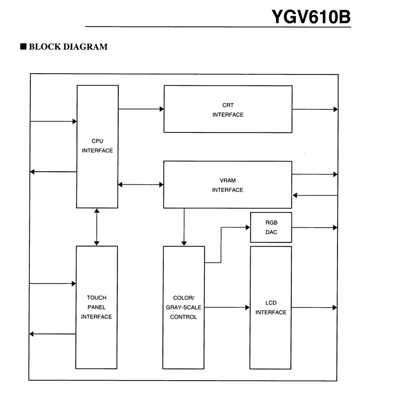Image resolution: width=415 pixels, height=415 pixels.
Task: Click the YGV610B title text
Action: point(311,17)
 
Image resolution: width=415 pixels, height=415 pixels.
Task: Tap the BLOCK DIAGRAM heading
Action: point(68,47)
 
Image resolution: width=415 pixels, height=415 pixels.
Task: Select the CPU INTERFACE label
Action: point(98,146)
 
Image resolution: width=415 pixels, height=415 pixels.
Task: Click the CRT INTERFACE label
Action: point(228,110)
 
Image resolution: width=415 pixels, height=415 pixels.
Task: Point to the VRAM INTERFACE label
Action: point(228,185)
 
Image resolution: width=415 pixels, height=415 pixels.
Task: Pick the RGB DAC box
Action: point(271,227)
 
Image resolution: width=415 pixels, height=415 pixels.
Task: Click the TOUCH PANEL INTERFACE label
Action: point(96,307)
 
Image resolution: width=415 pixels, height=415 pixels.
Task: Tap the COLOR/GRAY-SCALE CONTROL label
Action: point(183,307)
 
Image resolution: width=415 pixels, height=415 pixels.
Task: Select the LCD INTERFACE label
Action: point(271,308)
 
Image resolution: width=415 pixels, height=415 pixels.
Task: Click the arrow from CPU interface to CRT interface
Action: point(141,109)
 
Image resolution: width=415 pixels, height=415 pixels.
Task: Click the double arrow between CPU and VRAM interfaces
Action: point(141,184)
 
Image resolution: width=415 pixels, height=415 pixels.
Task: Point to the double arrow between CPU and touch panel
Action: point(97,227)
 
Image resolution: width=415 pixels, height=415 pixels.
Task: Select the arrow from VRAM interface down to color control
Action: point(184,227)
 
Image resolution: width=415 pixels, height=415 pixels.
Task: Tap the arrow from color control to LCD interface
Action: point(227,307)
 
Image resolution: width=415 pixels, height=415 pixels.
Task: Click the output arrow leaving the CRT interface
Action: point(315,109)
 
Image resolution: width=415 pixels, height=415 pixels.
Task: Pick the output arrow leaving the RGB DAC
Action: point(314,227)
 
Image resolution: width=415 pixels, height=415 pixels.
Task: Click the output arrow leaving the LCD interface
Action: point(314,308)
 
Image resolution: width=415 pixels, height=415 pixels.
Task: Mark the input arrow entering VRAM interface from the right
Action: point(315,195)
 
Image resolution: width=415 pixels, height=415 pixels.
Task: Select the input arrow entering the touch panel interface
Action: point(52,284)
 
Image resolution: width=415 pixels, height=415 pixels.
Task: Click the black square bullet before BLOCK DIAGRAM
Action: point(23,46)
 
